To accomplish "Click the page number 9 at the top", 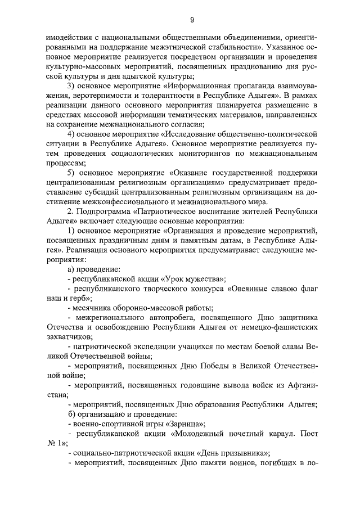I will (192, 21).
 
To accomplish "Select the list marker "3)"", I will (71, 86).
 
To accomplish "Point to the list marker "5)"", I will (71, 172).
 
